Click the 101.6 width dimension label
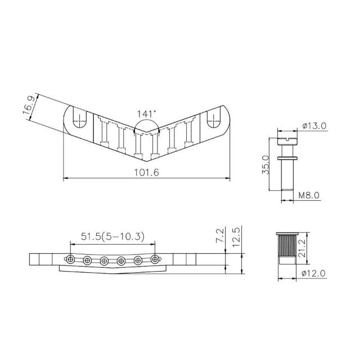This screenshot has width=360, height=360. point(146,173)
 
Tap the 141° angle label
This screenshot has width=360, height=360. point(146,114)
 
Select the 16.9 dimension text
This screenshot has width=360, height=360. point(29,106)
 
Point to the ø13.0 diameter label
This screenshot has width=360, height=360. point(314,126)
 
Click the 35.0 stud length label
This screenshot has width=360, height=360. point(265,165)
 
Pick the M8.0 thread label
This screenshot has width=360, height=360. point(309,195)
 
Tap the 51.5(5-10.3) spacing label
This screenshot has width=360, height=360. point(112,236)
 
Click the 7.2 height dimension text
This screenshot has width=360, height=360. point(220,235)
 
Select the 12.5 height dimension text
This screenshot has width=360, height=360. point(236,237)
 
